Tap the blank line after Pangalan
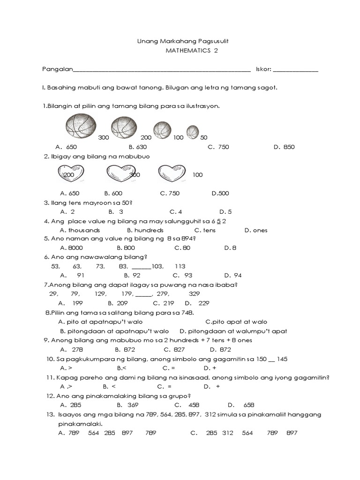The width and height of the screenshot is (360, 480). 162,71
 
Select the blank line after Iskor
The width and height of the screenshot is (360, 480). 295,71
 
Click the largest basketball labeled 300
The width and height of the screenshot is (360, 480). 81,127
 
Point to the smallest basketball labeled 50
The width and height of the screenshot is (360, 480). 193,133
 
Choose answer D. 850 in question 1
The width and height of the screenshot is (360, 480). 284,147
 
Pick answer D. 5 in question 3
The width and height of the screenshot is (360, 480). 225,211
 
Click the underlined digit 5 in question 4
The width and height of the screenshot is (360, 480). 219,221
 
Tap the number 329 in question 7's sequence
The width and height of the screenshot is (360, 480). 194,293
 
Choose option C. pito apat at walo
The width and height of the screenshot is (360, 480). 236,322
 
